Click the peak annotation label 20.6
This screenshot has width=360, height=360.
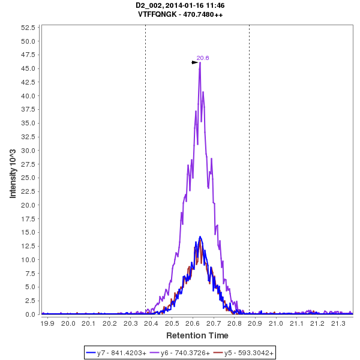203,58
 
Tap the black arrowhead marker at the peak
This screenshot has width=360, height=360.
194,62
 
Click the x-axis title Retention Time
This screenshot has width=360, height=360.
197,335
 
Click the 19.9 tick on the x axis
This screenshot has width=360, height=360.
47,323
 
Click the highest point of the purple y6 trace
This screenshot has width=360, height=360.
200,62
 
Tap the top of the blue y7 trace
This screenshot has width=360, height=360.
200,236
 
